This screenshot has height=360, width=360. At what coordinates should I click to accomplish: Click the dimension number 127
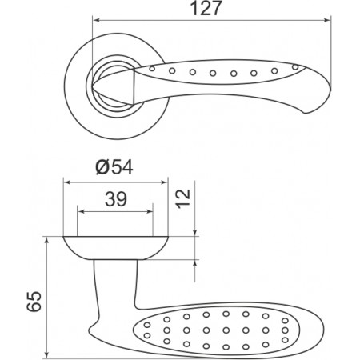[x=206, y=8]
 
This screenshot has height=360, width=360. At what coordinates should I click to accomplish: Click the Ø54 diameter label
[x=114, y=167]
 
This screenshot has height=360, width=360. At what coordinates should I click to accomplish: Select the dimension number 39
[x=116, y=199]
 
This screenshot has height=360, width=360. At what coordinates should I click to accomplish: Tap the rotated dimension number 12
[x=183, y=198]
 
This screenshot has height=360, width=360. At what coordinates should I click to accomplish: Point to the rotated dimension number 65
[x=34, y=302]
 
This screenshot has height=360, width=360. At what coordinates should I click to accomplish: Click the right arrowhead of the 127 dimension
[x=327, y=20]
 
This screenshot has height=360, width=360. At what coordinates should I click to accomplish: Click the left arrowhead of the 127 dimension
[x=96, y=20]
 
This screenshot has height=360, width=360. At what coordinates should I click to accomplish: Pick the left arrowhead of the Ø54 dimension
[x=67, y=182]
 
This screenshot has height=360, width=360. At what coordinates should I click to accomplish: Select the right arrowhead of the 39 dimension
[x=150, y=212]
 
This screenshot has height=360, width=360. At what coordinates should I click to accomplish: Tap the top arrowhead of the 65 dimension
[x=47, y=241]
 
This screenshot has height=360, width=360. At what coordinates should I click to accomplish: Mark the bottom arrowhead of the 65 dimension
[x=47, y=354]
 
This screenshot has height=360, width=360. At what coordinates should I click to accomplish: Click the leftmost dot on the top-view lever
[x=152, y=69]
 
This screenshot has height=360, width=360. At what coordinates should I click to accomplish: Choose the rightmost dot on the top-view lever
[x=295, y=67]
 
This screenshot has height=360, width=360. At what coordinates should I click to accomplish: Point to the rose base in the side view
[x=116, y=248]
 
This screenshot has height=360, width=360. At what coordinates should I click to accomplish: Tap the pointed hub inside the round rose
[x=114, y=86]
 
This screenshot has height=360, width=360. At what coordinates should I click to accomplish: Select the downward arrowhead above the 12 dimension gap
[x=195, y=232]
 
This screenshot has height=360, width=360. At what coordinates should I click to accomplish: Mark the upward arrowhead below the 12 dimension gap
[x=195, y=263]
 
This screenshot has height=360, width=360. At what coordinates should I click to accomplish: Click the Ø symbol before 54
[x=102, y=167]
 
